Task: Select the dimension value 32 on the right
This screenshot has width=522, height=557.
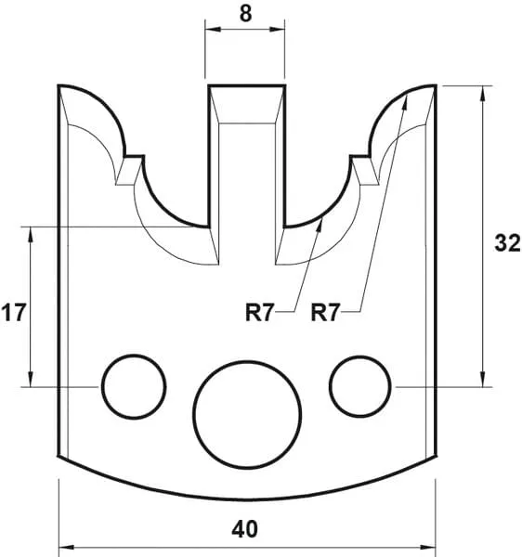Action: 505,243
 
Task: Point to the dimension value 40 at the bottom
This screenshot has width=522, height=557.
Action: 245,529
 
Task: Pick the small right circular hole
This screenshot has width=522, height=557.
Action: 359,384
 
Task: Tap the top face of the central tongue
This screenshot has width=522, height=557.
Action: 246,86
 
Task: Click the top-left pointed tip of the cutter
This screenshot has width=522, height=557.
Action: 59,86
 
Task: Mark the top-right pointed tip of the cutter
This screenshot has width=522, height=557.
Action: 434,86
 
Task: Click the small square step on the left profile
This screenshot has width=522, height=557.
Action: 133,162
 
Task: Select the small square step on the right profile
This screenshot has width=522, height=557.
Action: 360,162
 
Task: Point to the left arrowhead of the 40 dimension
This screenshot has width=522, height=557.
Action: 64,545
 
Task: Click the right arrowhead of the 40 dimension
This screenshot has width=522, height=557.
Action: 429,545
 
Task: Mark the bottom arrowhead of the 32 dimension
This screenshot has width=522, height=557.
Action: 482,381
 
